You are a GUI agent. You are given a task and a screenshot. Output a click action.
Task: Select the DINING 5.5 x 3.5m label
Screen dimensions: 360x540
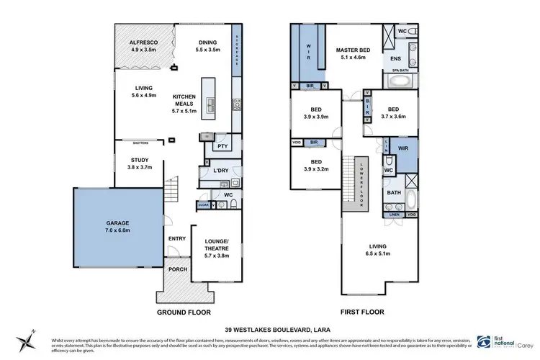(208, 47)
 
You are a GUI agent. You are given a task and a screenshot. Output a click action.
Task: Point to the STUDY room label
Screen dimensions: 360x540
(139, 164)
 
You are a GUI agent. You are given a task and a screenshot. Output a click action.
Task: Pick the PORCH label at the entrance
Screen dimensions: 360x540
(177, 270)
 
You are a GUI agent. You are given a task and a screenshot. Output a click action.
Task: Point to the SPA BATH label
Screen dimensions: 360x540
(401, 70)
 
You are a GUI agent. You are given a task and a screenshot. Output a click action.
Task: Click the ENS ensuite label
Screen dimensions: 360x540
(396, 58)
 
